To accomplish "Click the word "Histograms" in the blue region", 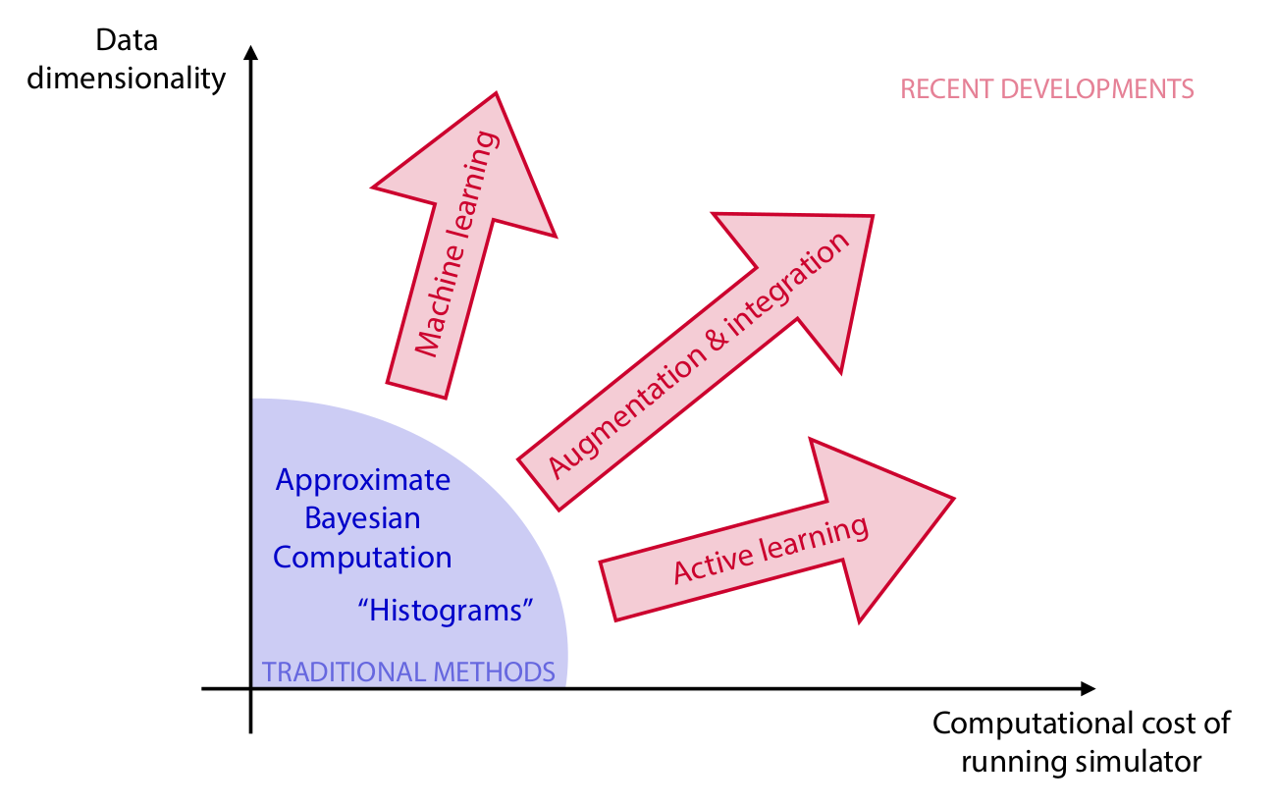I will pyautogui.click(x=445, y=611).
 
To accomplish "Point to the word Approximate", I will pyautogui.click(x=363, y=481).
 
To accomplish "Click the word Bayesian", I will pyautogui.click(x=362, y=518).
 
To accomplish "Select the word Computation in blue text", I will pyautogui.click(x=362, y=557).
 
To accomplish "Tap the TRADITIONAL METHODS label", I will pyautogui.click(x=408, y=672).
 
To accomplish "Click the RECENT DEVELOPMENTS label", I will pyautogui.click(x=1047, y=89).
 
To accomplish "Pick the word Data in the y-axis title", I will pyautogui.click(x=127, y=41).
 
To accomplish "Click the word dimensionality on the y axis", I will pyautogui.click(x=127, y=79).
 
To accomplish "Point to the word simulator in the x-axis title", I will pyautogui.click(x=1144, y=762).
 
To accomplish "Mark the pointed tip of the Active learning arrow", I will pyautogui.click(x=952, y=499).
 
